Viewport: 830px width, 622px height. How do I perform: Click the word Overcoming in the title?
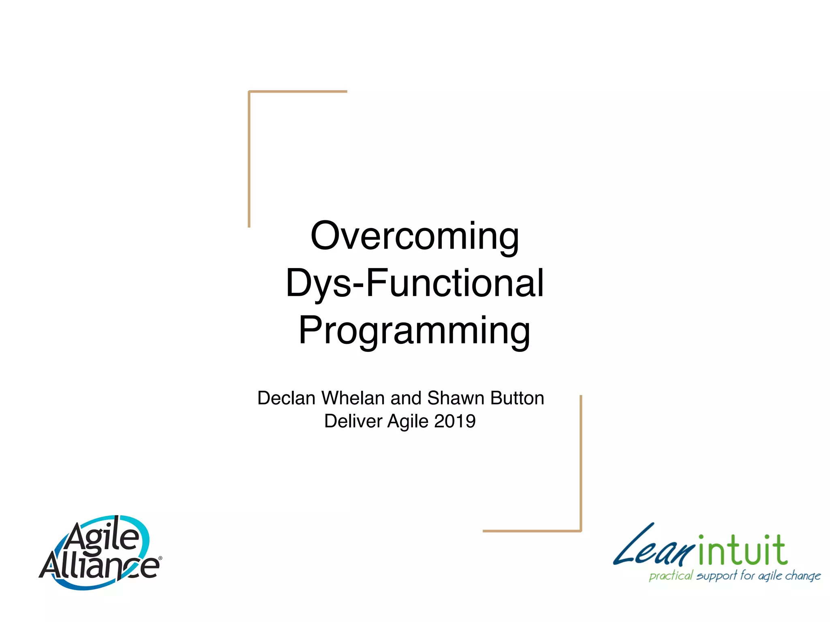pos(415,236)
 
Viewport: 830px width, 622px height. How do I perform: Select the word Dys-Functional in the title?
pos(415,283)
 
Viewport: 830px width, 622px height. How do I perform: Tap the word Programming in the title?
pos(414,330)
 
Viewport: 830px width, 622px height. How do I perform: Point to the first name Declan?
pos(286,398)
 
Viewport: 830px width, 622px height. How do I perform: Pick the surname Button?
pos(517,398)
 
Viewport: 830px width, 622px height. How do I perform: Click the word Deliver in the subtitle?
pos(353,421)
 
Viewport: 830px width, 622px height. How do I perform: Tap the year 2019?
pos(455,421)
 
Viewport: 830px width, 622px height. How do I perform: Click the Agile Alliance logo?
pos(101,552)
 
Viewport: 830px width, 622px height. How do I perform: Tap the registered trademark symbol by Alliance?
pos(160,558)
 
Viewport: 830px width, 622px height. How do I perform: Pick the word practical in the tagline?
pos(671,576)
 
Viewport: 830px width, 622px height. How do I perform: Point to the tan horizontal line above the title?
pos(298,92)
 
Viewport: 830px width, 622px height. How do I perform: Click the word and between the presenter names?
pos(406,398)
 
